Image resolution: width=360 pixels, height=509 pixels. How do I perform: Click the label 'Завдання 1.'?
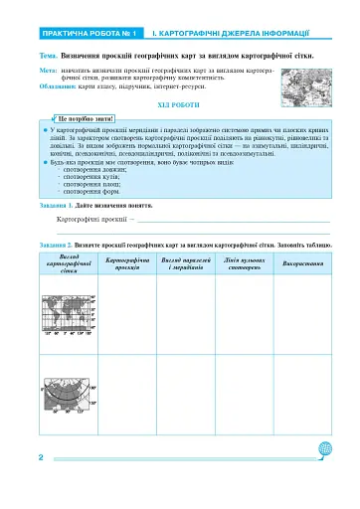tap(62, 204)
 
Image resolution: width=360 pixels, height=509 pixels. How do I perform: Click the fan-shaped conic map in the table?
tap(68, 395)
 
